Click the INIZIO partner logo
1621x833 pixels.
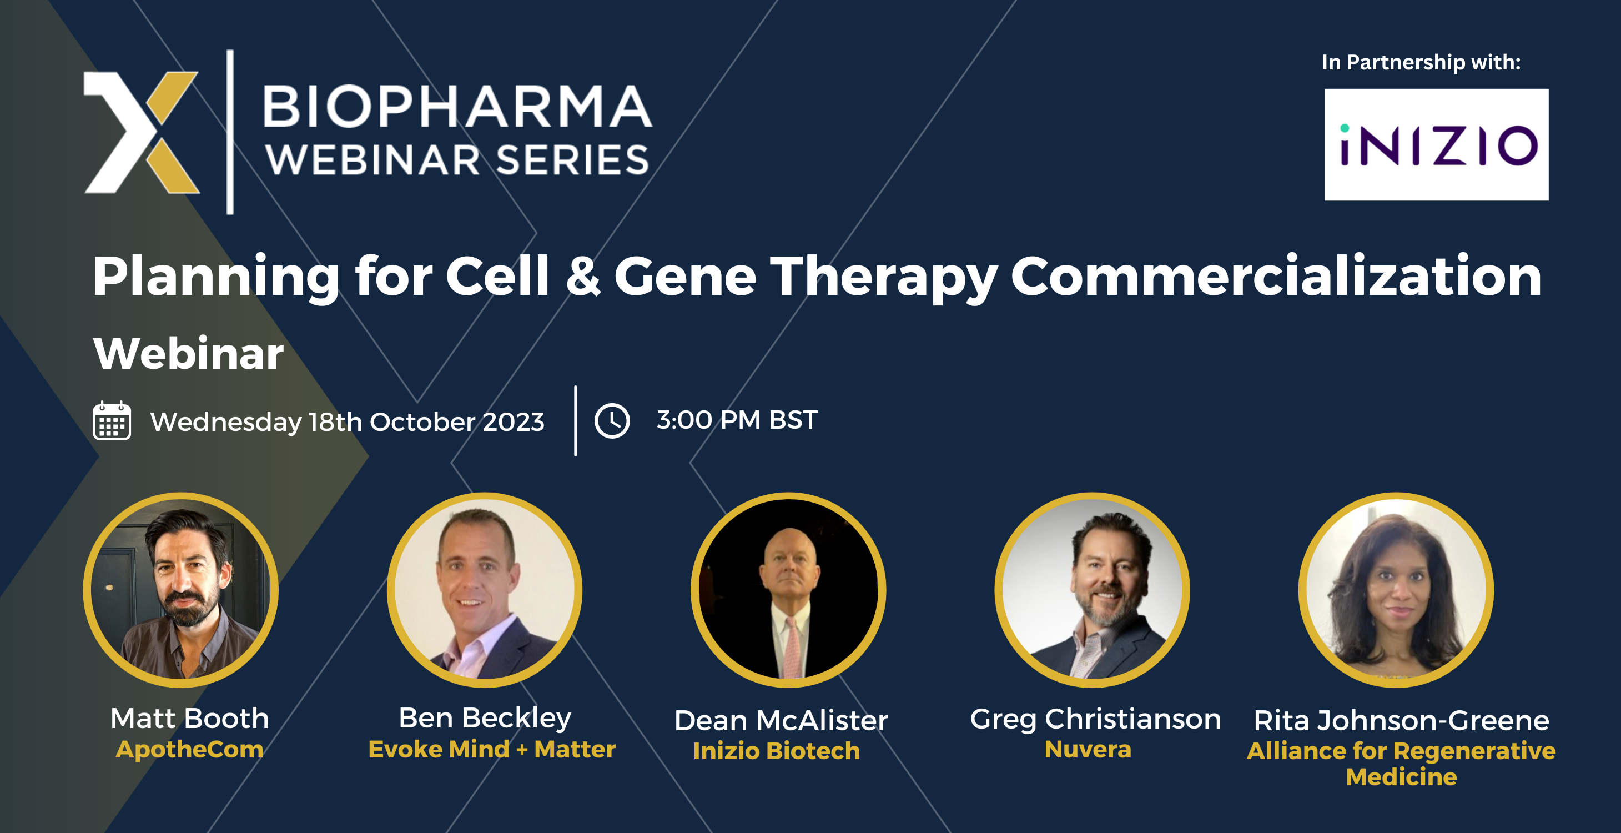tap(1436, 145)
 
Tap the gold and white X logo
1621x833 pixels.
tap(142, 132)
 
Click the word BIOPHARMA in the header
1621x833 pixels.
tap(457, 107)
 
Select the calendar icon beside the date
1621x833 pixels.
tap(112, 420)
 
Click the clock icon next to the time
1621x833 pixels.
tap(612, 420)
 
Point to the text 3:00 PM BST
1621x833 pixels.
tap(737, 420)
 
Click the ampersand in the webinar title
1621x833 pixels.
tap(583, 277)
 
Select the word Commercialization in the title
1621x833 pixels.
tap(1276, 277)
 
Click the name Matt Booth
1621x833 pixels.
tap(189, 719)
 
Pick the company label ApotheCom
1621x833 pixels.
tap(189, 749)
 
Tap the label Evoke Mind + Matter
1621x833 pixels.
tap(491, 749)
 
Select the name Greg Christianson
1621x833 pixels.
tap(1095, 719)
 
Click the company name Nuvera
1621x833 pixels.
tap(1088, 749)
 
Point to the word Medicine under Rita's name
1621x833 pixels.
tap(1401, 777)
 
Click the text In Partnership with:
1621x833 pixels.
tap(1421, 62)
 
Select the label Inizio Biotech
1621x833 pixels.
tap(776, 750)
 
